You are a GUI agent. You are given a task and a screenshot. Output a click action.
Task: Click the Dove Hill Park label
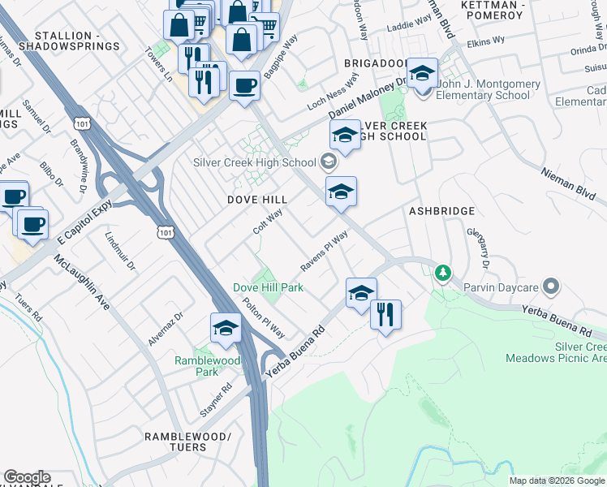[x=268, y=287]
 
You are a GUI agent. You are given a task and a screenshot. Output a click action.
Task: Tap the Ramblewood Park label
[x=196, y=366]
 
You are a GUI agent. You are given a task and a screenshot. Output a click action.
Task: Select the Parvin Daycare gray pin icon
[x=552, y=286]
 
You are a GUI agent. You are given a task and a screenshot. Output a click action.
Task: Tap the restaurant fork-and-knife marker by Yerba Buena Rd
[x=385, y=313]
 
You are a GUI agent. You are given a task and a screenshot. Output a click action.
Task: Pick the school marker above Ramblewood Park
[x=225, y=327]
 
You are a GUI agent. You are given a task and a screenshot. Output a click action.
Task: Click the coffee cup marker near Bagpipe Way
[x=243, y=86]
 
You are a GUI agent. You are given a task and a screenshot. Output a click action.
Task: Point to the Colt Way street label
[x=267, y=221]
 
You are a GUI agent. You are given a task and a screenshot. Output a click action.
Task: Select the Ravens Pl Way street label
[x=324, y=251]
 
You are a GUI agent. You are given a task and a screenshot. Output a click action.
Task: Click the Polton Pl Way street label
[x=264, y=317]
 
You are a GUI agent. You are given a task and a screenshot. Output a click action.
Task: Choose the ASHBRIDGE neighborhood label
[x=441, y=211]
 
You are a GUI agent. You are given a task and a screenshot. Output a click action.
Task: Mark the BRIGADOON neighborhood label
[x=374, y=62]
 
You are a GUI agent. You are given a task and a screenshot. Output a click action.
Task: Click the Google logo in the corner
[x=27, y=477]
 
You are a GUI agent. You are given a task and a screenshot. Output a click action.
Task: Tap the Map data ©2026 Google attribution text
[x=557, y=481]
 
